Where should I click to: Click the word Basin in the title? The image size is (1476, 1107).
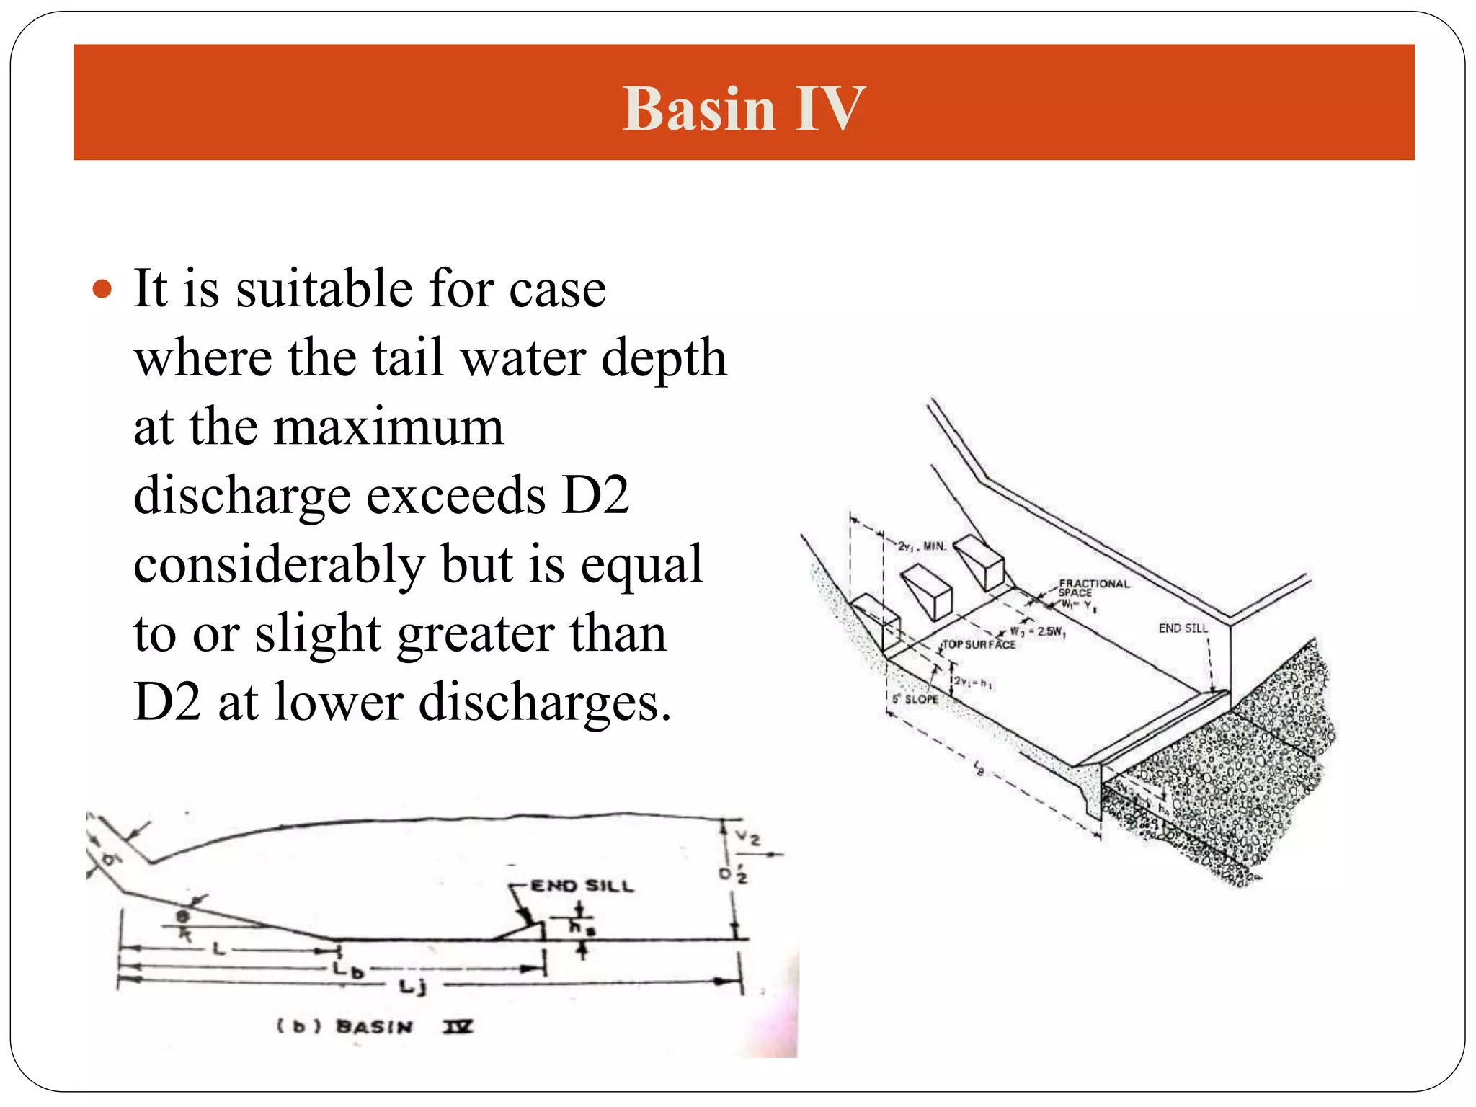coord(699,110)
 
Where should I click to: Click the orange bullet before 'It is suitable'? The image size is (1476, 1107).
coord(103,289)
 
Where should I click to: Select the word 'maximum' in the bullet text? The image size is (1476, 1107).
coord(388,427)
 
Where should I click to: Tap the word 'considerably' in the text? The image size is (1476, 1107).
coord(279,566)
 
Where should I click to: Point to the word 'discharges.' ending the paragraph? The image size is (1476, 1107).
coord(545,703)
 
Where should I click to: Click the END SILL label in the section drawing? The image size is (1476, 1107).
coord(582,886)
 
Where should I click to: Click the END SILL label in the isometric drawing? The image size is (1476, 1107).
coord(1183,628)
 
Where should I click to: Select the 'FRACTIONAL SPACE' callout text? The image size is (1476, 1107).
coord(1093,588)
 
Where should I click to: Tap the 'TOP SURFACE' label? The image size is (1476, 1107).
coord(979,644)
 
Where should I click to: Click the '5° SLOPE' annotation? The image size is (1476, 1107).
coord(915,699)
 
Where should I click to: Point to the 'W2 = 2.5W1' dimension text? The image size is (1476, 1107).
coord(1039,632)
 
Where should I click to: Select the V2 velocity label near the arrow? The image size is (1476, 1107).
coord(747,838)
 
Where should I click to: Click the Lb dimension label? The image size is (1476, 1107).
coord(348,969)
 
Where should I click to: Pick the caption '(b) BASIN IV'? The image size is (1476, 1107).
coord(375,1026)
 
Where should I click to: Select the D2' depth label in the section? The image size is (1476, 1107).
coord(734,874)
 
